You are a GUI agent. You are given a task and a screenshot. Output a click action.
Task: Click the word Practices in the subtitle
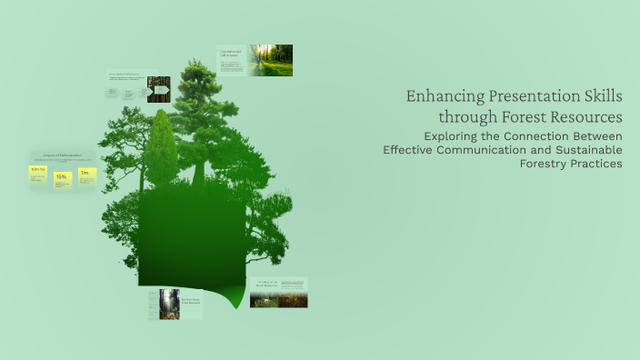coord(597,164)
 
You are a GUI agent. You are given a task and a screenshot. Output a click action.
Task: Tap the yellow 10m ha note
coord(39,173)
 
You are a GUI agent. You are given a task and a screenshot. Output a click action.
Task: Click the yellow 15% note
coord(62,179)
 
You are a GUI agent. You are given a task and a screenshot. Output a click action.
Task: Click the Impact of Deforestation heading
coord(61,156)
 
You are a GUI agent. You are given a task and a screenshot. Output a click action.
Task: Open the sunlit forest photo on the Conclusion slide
coord(271,60)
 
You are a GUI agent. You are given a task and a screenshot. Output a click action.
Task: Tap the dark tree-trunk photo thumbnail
coord(159,88)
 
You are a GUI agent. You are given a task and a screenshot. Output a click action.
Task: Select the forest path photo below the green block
coord(169,304)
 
